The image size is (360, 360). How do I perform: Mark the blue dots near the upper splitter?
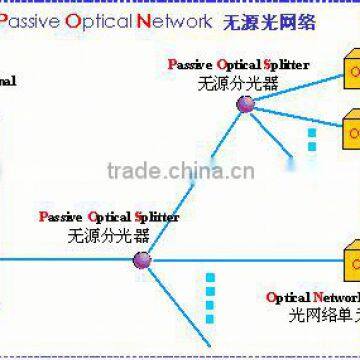click(311, 140)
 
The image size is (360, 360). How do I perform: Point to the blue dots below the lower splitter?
click(209, 295)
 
